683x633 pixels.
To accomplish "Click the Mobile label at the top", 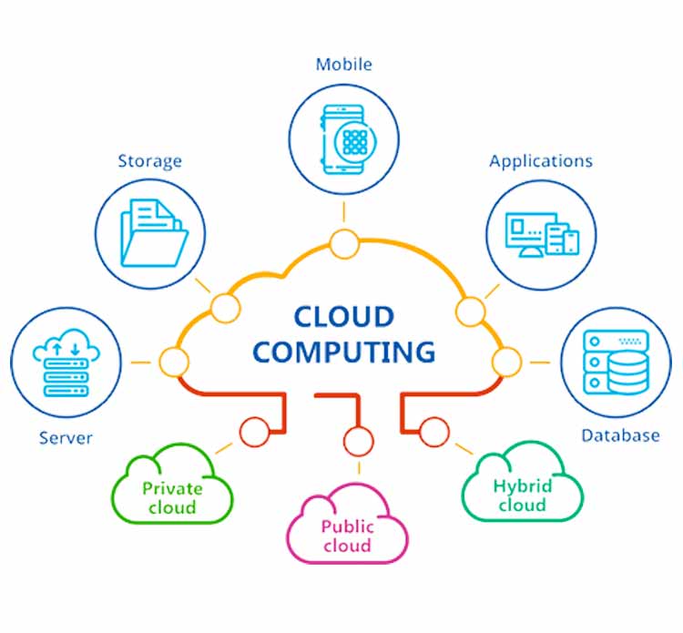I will [x=343, y=65].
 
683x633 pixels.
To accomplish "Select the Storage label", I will [x=149, y=161].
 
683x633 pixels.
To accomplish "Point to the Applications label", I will [x=541, y=161].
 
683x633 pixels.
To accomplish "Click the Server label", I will [x=66, y=438].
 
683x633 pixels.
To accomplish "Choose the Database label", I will [x=620, y=435].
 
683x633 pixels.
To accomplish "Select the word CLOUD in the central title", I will [x=343, y=318].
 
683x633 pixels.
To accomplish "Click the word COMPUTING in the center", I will [x=343, y=351].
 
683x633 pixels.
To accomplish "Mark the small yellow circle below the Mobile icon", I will [x=344, y=244].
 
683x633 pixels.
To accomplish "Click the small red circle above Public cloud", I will [x=359, y=441].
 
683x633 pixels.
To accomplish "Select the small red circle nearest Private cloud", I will [x=255, y=432].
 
